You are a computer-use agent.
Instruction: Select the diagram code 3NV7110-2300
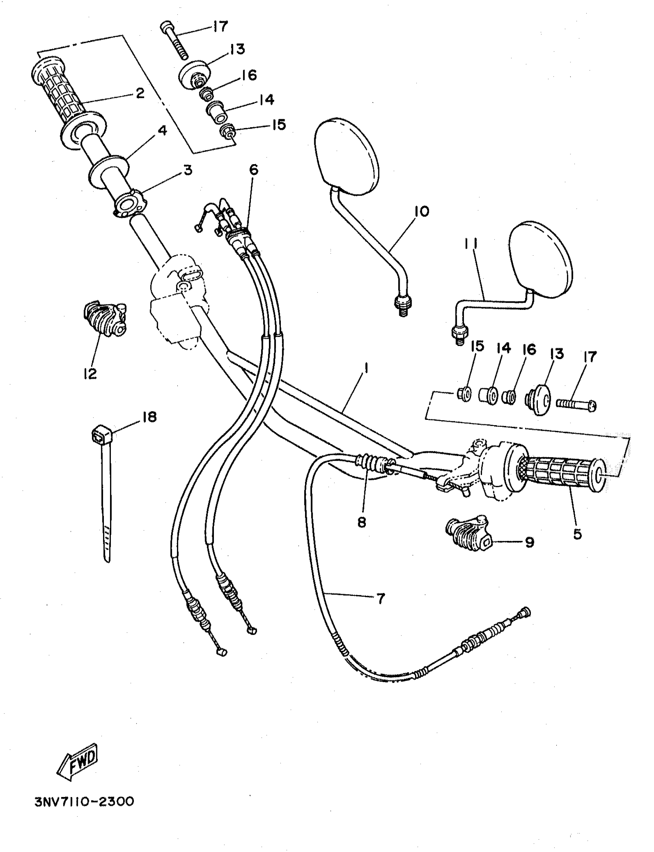coord(84,802)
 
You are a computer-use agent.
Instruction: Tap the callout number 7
coord(380,598)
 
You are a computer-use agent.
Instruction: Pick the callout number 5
coord(577,534)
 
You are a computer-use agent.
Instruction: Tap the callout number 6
coord(254,170)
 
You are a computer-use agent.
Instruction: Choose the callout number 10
coord(421,211)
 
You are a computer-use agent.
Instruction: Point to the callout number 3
coord(188,170)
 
